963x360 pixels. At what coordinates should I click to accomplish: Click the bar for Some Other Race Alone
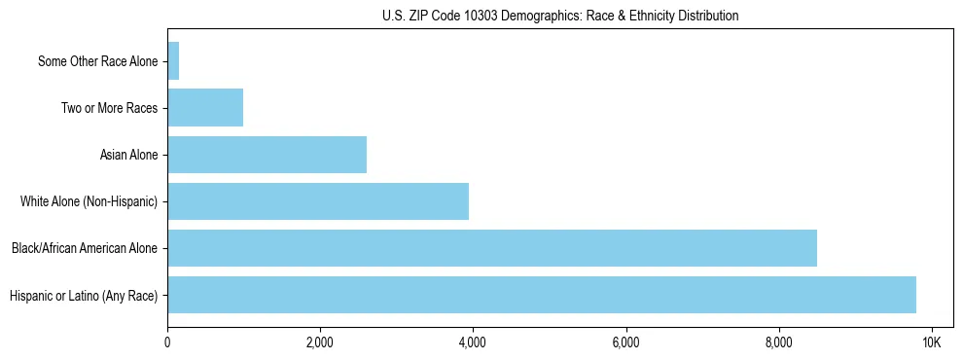(x=173, y=61)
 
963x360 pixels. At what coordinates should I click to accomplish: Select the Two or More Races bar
(x=205, y=108)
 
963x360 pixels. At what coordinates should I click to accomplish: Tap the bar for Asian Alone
(x=267, y=155)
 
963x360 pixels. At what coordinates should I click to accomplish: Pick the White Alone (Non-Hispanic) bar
(x=318, y=201)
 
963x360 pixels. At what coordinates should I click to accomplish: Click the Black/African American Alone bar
(x=492, y=248)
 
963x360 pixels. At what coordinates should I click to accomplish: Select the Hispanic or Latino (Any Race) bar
(x=542, y=295)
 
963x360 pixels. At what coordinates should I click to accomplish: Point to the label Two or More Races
(x=109, y=108)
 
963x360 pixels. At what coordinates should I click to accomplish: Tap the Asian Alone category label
(x=128, y=155)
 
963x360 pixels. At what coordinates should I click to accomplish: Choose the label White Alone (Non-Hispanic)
(x=89, y=201)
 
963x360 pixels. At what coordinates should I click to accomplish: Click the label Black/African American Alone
(x=84, y=248)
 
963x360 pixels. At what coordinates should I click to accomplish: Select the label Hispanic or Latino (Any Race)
(x=83, y=295)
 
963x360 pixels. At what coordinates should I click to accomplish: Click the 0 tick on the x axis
(x=167, y=342)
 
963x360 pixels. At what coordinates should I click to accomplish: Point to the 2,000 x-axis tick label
(x=320, y=342)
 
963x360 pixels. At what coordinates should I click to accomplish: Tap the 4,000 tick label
(x=473, y=342)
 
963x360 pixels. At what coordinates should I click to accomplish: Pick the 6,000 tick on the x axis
(x=625, y=342)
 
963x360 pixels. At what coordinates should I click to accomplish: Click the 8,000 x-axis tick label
(x=778, y=342)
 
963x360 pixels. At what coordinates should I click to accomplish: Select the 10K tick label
(x=931, y=342)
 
